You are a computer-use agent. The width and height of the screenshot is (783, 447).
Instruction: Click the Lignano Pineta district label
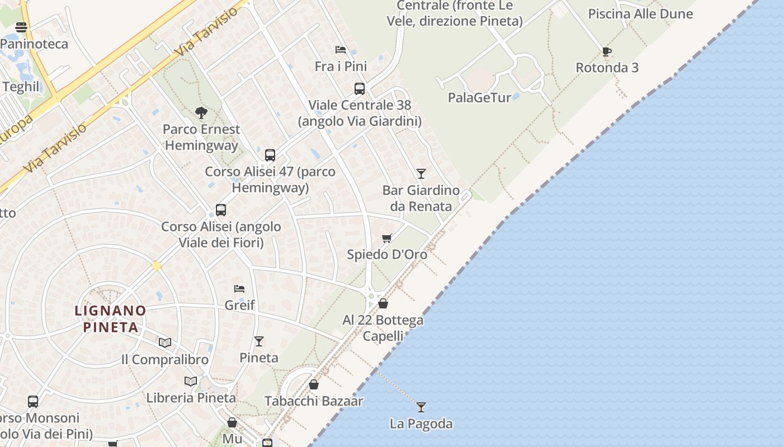click(110, 318)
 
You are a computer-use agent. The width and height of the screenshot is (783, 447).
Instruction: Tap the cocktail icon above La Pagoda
click(421, 407)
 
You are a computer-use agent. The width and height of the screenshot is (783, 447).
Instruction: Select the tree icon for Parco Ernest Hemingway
click(201, 113)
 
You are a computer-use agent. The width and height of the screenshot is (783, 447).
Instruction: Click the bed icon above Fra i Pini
click(340, 50)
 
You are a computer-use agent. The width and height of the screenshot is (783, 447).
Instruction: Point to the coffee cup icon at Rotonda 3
click(607, 51)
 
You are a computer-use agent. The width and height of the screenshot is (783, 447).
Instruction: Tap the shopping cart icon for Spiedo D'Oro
click(386, 239)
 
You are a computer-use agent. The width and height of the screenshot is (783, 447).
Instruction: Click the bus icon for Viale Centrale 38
click(359, 88)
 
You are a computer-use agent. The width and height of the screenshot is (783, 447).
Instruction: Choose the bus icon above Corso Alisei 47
click(270, 155)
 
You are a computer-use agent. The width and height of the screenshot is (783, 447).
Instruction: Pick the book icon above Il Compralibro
click(164, 343)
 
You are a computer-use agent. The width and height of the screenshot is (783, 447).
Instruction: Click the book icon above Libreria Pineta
click(191, 381)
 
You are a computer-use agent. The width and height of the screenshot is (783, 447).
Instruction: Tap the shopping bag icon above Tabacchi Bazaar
click(314, 384)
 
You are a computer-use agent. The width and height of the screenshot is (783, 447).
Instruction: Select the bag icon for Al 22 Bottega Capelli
click(383, 303)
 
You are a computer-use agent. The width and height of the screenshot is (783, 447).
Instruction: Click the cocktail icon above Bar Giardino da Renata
click(421, 174)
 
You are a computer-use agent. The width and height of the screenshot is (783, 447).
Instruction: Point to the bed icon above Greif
click(239, 289)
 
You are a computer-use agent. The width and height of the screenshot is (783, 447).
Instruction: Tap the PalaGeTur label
click(479, 98)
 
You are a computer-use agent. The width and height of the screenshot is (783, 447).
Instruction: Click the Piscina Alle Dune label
click(640, 14)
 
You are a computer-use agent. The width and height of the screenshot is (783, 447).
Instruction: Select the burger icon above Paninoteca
click(21, 27)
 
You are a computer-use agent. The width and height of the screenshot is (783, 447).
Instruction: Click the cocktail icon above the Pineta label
click(258, 341)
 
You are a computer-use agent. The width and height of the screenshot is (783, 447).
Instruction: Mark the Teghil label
click(21, 87)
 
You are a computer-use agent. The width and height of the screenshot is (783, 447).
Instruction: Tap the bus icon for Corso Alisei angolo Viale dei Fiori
click(221, 210)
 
